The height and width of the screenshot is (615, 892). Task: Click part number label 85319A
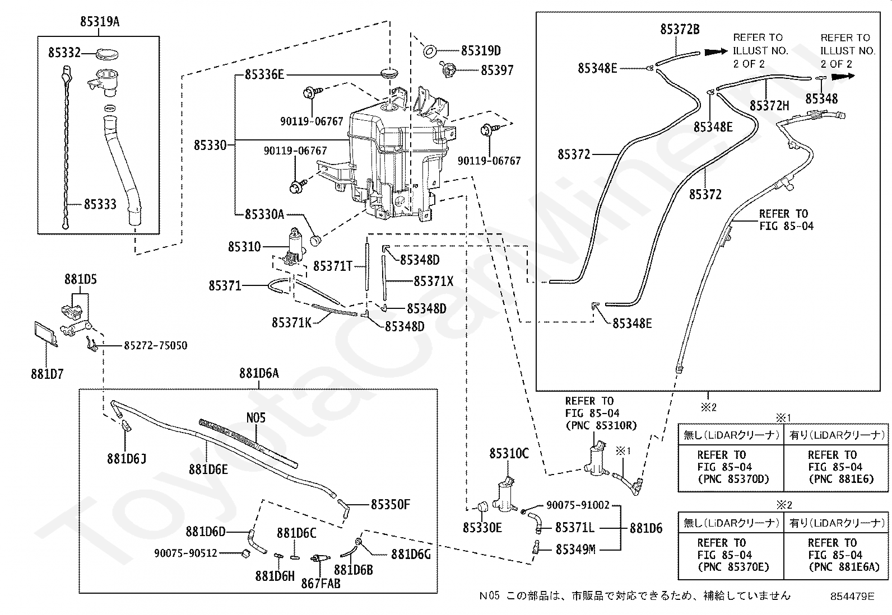click(100, 21)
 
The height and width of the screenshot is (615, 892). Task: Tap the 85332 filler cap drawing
click(108, 53)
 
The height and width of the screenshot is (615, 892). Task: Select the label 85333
click(100, 204)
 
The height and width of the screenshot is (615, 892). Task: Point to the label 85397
click(497, 71)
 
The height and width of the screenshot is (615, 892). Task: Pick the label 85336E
click(264, 74)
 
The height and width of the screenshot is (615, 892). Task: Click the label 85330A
click(264, 214)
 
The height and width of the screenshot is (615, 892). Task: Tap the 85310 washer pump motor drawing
click(295, 246)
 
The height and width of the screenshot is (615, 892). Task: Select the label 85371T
click(333, 266)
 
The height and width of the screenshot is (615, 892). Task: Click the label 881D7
click(47, 374)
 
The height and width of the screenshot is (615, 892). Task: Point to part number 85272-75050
click(155, 345)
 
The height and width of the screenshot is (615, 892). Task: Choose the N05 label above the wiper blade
click(255, 417)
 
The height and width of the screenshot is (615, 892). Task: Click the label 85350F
click(390, 504)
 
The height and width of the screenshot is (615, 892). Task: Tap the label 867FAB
click(320, 584)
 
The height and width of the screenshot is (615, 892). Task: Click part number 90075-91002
click(578, 505)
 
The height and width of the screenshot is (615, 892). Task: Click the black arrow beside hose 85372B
click(716, 51)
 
